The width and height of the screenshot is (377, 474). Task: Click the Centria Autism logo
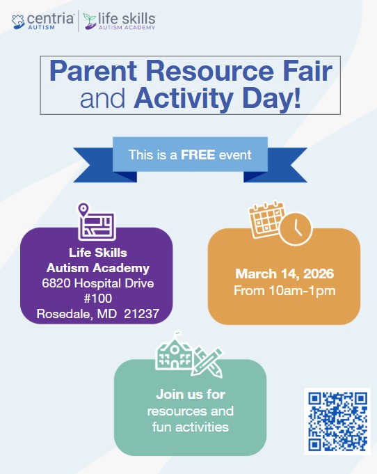pyautogui.click(x=42, y=21)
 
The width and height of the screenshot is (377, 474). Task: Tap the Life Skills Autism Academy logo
pyautogui.click(x=120, y=21)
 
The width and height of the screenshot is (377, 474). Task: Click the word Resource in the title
pyautogui.click(x=209, y=71)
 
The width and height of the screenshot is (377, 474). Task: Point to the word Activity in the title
pyautogui.click(x=184, y=98)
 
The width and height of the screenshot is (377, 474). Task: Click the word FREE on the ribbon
pyautogui.click(x=198, y=155)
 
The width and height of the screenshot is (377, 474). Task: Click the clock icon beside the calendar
pyautogui.click(x=296, y=228)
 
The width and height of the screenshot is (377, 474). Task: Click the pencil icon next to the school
pyautogui.click(x=208, y=362)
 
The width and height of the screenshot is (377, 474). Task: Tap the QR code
pyautogui.click(x=337, y=421)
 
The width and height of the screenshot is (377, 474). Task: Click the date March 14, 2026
pyautogui.click(x=284, y=274)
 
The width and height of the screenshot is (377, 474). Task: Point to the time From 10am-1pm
pyautogui.click(x=284, y=291)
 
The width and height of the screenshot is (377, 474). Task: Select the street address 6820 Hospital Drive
pyautogui.click(x=98, y=283)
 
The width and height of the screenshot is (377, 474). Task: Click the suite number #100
pyautogui.click(x=98, y=299)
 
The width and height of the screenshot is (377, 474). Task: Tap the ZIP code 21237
pyautogui.click(x=141, y=314)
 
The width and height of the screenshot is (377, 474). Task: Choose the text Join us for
pyautogui.click(x=191, y=394)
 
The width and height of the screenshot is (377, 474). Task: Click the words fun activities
pyautogui.click(x=191, y=427)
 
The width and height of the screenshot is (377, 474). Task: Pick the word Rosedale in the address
pyautogui.click(x=63, y=314)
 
